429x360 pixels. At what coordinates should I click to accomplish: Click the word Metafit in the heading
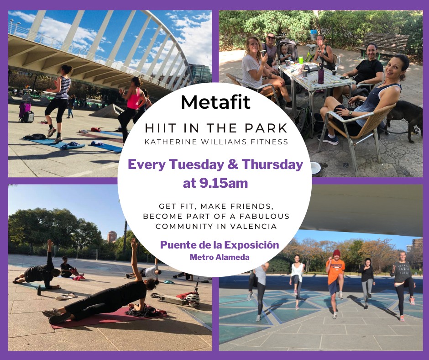click(x=215, y=102)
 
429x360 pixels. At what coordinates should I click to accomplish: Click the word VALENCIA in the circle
click(x=253, y=226)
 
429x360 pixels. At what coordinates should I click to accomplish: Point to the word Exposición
click(x=252, y=245)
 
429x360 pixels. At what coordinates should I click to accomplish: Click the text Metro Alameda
click(x=220, y=257)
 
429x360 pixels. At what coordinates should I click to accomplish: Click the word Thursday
click(x=272, y=164)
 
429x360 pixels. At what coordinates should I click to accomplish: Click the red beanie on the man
click(x=336, y=253)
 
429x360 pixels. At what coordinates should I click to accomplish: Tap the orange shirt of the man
click(x=335, y=269)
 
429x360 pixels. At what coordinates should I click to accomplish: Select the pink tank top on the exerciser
click(x=134, y=99)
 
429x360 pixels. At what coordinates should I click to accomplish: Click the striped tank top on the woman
click(x=63, y=88)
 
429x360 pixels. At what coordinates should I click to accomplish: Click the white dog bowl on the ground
click(x=316, y=167)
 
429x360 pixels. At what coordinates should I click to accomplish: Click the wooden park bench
click(x=386, y=44)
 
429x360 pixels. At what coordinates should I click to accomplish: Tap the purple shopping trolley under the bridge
click(x=25, y=110)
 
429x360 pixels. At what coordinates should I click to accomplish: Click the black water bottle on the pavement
click(x=39, y=290)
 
